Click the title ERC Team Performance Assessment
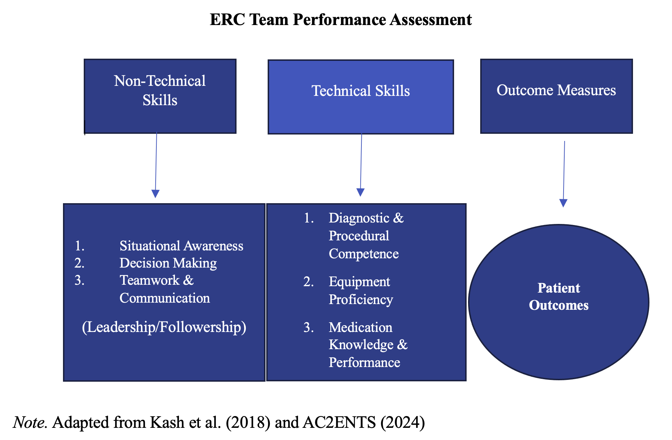click(x=341, y=19)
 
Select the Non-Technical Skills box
click(x=160, y=96)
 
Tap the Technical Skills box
click(x=361, y=97)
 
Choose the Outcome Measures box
click(x=556, y=96)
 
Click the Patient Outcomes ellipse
click(x=559, y=302)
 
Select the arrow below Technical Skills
click(x=361, y=165)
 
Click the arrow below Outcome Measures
click(x=564, y=174)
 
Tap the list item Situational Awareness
click(x=181, y=246)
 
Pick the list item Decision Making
click(x=168, y=263)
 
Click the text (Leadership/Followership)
click(x=164, y=327)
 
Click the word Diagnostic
click(x=359, y=218)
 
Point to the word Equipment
click(x=359, y=282)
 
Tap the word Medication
click(x=361, y=327)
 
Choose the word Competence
click(x=364, y=254)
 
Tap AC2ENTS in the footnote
click(x=339, y=422)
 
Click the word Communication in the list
click(x=165, y=298)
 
